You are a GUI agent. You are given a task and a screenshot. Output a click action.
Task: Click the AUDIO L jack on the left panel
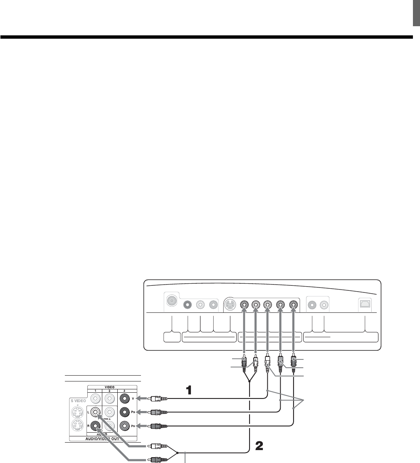coord(96,412)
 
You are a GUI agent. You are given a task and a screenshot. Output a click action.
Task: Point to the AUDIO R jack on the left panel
coord(96,426)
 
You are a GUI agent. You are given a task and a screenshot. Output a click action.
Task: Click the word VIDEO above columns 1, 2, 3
coord(110,386)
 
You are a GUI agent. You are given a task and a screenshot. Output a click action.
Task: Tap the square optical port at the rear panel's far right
coord(366,304)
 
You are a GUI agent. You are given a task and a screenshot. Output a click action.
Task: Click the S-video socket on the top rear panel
coord(230,305)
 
